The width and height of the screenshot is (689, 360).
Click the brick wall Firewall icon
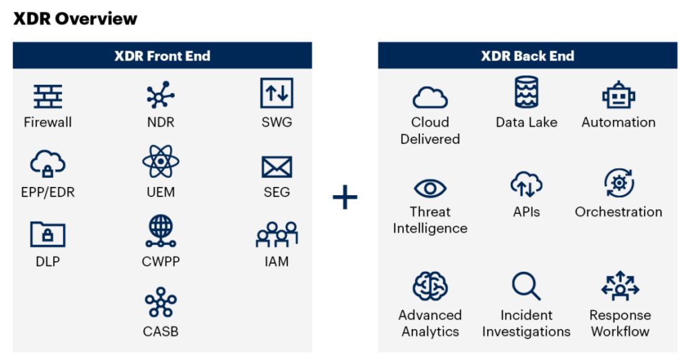click(48, 96)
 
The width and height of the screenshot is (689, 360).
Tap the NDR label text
click(160, 122)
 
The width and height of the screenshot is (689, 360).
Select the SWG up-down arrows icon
click(277, 93)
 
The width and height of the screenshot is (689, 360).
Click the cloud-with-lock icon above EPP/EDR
click(48, 164)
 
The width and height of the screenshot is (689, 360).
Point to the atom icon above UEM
click(160, 161)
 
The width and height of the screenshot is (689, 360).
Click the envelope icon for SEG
click(277, 167)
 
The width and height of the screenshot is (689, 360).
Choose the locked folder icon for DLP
click(48, 234)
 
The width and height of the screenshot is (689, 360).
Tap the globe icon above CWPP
click(161, 231)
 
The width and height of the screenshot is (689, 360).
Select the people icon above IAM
click(277, 234)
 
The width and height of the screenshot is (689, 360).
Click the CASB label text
click(160, 332)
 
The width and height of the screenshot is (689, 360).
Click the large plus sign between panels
click(345, 197)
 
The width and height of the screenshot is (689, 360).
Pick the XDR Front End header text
click(162, 56)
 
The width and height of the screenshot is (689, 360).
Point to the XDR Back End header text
click(528, 56)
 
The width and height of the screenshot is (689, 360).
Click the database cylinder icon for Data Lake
click(526, 92)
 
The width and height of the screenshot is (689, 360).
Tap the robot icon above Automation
click(618, 94)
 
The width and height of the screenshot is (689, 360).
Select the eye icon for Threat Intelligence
click(430, 188)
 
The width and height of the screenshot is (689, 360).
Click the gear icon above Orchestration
click(619, 183)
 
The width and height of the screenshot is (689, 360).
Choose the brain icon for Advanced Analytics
click(430, 286)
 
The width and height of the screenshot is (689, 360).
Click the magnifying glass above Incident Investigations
click(526, 286)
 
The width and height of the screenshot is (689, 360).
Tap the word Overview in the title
click(96, 18)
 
